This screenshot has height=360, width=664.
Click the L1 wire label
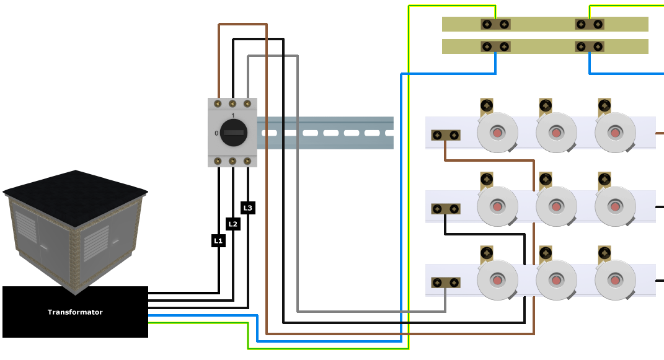pos(218,240)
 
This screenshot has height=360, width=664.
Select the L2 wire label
pos(233,224)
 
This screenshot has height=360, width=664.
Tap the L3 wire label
pos(248,208)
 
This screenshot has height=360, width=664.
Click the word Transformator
pos(75,312)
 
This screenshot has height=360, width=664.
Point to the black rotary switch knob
pos(233,133)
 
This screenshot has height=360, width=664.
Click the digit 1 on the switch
pos(233,115)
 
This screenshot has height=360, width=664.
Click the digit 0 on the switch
pos(216,133)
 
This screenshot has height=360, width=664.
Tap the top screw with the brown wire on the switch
pos(218,103)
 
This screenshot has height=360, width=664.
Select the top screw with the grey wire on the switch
pos(247,103)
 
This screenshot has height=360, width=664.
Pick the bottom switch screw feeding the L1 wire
pos(218,161)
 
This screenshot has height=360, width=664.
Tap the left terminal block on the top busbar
pos(495,24)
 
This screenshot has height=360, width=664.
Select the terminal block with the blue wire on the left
pos(495,46)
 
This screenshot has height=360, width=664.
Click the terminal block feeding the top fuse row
pos(446,135)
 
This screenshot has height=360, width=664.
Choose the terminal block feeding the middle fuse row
pos(446,209)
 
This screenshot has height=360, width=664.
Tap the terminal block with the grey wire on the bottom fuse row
pos(446,283)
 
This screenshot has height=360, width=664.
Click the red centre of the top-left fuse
pos(498,133)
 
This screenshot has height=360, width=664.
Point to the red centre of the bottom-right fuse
pos(615,280)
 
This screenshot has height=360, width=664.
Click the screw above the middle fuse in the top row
pos(546,105)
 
